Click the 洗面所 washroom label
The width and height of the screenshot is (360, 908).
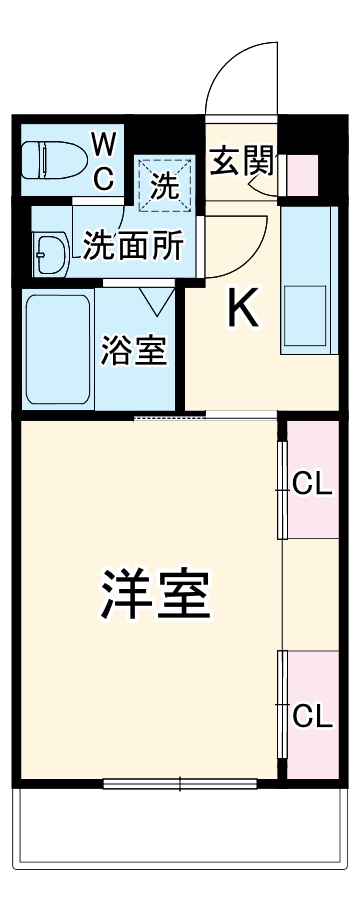[132, 246]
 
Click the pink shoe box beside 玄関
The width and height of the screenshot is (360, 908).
[301, 176]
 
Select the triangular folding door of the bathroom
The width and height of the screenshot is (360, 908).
[156, 298]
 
